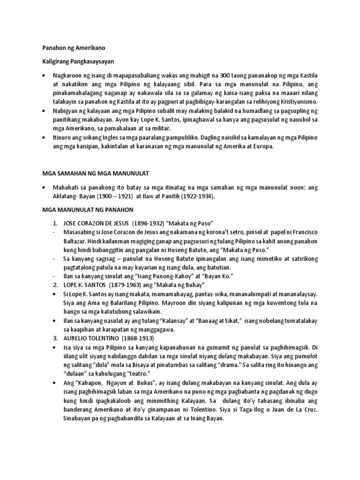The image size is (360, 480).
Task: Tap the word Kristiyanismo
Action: coord(293,102)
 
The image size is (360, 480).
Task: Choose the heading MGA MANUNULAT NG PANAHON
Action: coord(88,210)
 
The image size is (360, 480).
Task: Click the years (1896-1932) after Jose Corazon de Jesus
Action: coord(154,223)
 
